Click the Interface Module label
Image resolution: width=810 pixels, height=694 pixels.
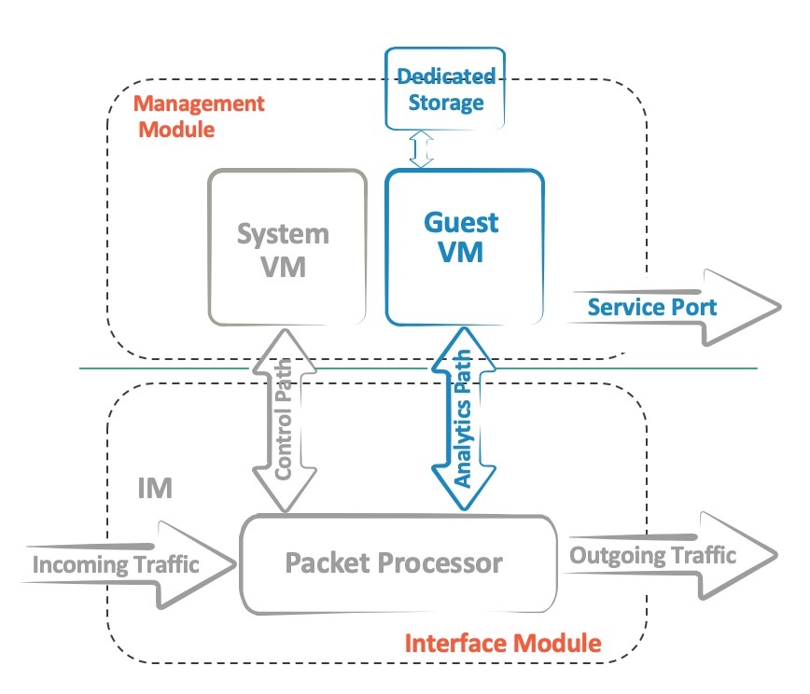(503, 643)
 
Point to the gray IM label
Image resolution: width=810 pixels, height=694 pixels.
(154, 487)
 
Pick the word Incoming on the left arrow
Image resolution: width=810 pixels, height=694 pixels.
(75, 564)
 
